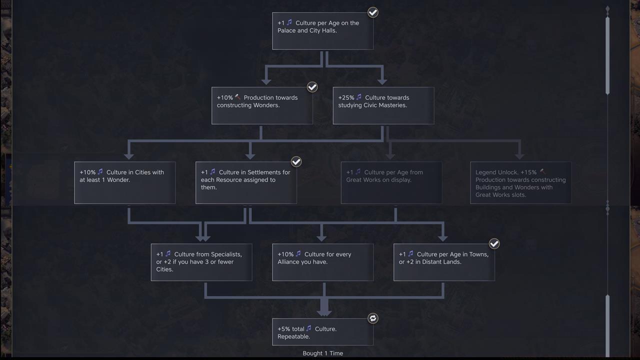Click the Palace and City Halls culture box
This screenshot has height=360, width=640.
click(x=322, y=31)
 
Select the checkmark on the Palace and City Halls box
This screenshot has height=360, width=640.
click(x=373, y=12)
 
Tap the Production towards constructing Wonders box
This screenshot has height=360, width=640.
click(x=262, y=105)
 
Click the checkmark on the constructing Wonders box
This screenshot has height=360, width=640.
click(x=312, y=87)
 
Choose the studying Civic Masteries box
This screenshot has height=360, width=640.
click(x=383, y=105)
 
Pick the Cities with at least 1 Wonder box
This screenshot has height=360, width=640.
click(x=124, y=182)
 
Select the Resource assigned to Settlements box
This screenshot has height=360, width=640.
click(x=246, y=182)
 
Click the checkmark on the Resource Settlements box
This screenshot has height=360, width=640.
click(x=296, y=161)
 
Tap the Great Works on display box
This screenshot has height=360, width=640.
click(x=391, y=182)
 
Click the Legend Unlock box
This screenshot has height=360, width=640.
click(x=520, y=182)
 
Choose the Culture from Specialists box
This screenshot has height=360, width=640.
click(x=201, y=262)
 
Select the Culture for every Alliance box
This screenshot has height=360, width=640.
click(x=322, y=262)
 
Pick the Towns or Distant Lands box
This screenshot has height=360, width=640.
click(x=444, y=262)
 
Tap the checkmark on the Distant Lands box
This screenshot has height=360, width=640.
click(x=494, y=243)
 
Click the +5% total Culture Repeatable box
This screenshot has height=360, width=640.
click(x=322, y=331)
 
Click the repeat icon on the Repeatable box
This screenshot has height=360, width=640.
click(x=373, y=318)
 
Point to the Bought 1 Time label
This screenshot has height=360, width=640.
click(x=322, y=353)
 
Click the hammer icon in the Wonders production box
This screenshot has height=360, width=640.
click(x=237, y=97)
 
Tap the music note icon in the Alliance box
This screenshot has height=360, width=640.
click(x=298, y=254)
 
